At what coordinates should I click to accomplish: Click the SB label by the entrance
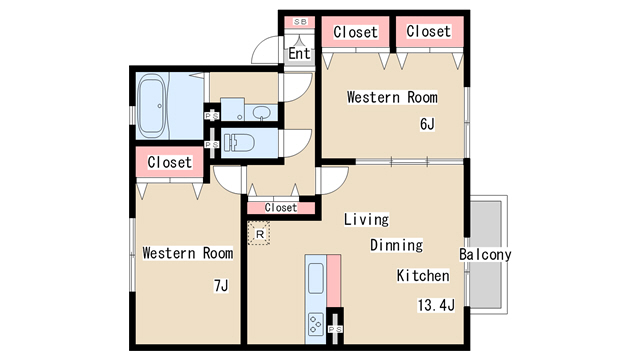(300, 22)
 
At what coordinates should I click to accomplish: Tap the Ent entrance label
(299, 53)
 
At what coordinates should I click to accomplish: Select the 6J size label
(427, 124)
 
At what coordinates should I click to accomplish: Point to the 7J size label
(221, 285)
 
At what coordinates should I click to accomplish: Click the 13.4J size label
(436, 305)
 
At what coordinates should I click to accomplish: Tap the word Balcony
(485, 254)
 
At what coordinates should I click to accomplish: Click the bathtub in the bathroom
(151, 105)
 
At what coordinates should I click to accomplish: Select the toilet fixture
(239, 143)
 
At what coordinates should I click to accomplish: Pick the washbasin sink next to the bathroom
(260, 113)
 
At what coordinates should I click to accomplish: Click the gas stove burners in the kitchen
(316, 324)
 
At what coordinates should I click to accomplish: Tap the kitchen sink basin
(316, 278)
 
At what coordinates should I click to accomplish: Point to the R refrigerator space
(259, 233)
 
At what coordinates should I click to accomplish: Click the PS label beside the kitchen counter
(335, 329)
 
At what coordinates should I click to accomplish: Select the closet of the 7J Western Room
(169, 162)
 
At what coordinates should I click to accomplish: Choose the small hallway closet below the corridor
(281, 208)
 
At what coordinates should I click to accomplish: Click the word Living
(366, 219)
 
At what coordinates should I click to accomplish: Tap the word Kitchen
(423, 276)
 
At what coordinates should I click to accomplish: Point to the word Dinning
(396, 245)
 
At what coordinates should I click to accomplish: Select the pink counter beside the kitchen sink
(333, 281)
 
